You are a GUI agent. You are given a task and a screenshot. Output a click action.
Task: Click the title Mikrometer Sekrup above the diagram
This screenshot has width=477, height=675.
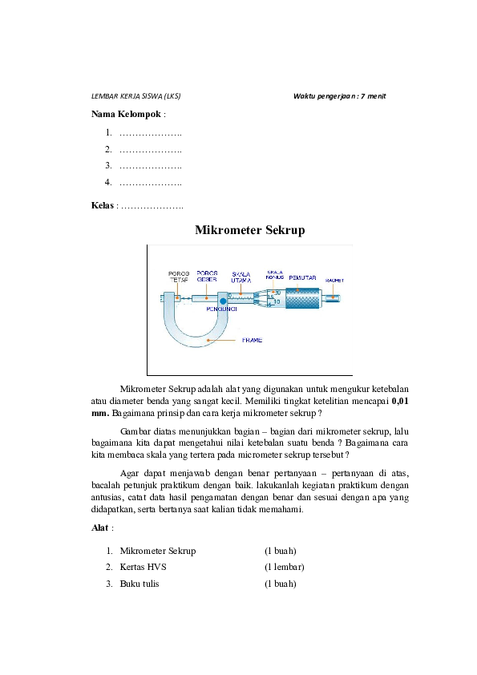coord(249,231)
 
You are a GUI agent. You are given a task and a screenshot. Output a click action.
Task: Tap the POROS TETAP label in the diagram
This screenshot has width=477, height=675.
coord(178,277)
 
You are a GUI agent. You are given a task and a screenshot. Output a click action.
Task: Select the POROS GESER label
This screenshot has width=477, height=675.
coord(207,276)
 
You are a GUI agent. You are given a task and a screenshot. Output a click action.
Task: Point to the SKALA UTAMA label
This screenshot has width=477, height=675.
coord(241,277)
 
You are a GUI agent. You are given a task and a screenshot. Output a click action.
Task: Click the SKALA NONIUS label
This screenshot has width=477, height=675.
coord(275,274)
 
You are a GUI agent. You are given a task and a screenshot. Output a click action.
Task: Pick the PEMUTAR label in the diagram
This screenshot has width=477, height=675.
coord(302,278)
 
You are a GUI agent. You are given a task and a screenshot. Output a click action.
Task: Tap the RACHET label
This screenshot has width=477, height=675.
coord(334,281)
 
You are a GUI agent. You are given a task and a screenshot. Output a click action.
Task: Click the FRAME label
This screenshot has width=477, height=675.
coord(252,340)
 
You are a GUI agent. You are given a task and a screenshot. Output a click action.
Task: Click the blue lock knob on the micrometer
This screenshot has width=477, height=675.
coord(212,301)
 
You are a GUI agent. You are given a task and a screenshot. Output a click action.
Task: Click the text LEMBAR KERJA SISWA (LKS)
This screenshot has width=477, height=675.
coord(136,96)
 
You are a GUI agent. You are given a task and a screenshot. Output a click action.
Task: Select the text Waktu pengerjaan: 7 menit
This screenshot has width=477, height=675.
coord(340,96)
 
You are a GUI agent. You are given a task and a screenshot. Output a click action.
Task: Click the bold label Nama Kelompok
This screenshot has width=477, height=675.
coord(126,114)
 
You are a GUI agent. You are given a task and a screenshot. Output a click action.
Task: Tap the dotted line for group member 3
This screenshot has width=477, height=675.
coord(150,166)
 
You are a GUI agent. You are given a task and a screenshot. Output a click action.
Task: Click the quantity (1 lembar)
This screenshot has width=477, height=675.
coord(284,568)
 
